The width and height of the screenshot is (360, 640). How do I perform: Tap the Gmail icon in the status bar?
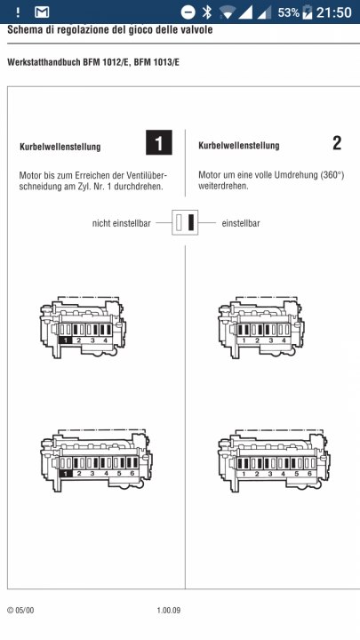click(x=42, y=12)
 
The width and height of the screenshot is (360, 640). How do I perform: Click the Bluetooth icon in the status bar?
click(x=207, y=12)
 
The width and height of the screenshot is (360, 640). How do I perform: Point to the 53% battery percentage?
click(x=289, y=12)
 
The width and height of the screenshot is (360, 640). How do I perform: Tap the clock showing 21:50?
click(x=334, y=12)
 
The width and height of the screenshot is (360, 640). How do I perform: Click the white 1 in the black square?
click(x=159, y=142)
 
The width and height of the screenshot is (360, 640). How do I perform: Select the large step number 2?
click(x=337, y=144)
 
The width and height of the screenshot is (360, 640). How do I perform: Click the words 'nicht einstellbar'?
click(x=121, y=223)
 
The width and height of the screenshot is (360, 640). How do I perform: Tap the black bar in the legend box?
click(x=190, y=222)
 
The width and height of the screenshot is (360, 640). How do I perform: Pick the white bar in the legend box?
click(x=180, y=222)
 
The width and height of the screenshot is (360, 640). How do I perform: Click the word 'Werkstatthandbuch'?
click(x=44, y=63)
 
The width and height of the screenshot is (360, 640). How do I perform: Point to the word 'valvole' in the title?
click(x=198, y=30)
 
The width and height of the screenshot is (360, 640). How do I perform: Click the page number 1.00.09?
click(x=169, y=611)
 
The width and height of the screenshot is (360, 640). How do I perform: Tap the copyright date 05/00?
click(x=25, y=611)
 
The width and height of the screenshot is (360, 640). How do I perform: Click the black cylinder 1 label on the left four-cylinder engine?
click(x=66, y=340)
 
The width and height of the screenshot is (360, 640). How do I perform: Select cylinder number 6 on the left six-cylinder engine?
click(x=132, y=474)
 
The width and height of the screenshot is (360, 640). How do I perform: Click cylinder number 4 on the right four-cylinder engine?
click(x=284, y=340)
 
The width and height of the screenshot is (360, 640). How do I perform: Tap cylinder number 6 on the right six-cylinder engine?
click(x=310, y=474)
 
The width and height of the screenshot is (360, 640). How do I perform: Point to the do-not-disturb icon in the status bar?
click(x=188, y=12)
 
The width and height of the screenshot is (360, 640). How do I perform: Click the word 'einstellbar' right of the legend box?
click(x=241, y=223)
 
